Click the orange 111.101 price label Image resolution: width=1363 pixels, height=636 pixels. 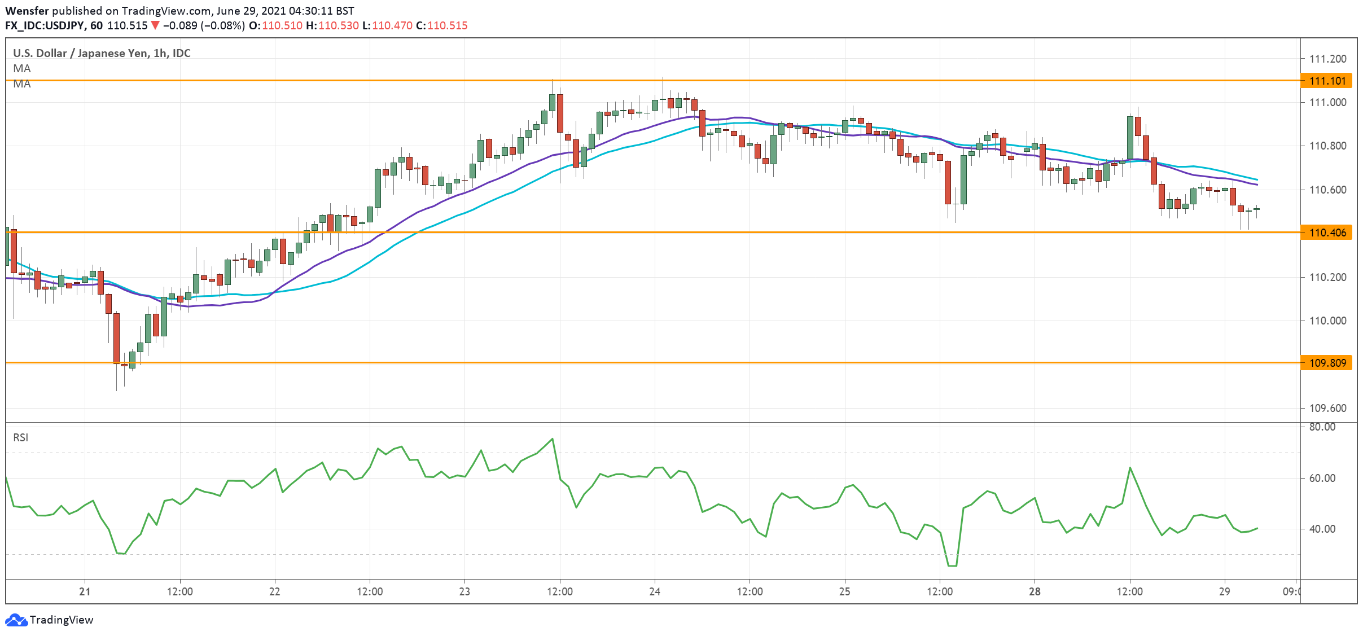[x=1327, y=81]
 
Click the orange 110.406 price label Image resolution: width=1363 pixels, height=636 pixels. [x=1327, y=233]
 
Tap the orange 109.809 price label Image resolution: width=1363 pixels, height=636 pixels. [x=1327, y=363]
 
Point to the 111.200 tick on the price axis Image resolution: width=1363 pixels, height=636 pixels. [x=1327, y=59]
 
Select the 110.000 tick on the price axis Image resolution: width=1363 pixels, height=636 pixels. [x=1327, y=321]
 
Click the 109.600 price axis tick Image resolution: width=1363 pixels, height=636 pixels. [x=1327, y=408]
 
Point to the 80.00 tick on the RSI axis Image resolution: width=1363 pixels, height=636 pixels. [x=1322, y=427]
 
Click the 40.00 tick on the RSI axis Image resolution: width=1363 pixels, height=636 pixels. [x=1322, y=529]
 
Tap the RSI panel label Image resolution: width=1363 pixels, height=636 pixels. [x=21, y=437]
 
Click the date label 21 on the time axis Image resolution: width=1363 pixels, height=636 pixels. [x=85, y=591]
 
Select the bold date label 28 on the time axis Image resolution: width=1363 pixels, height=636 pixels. [x=1035, y=591]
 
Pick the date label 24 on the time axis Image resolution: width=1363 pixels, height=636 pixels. [x=655, y=591]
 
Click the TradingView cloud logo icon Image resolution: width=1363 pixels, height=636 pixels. [x=16, y=620]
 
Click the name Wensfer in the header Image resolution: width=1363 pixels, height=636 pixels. [x=27, y=11]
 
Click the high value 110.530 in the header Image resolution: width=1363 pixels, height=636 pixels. [x=338, y=25]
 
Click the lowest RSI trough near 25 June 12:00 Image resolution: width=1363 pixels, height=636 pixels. [x=952, y=565]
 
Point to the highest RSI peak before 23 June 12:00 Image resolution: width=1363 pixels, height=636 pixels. [x=552, y=439]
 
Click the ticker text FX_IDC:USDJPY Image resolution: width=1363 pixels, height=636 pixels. [x=45, y=25]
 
